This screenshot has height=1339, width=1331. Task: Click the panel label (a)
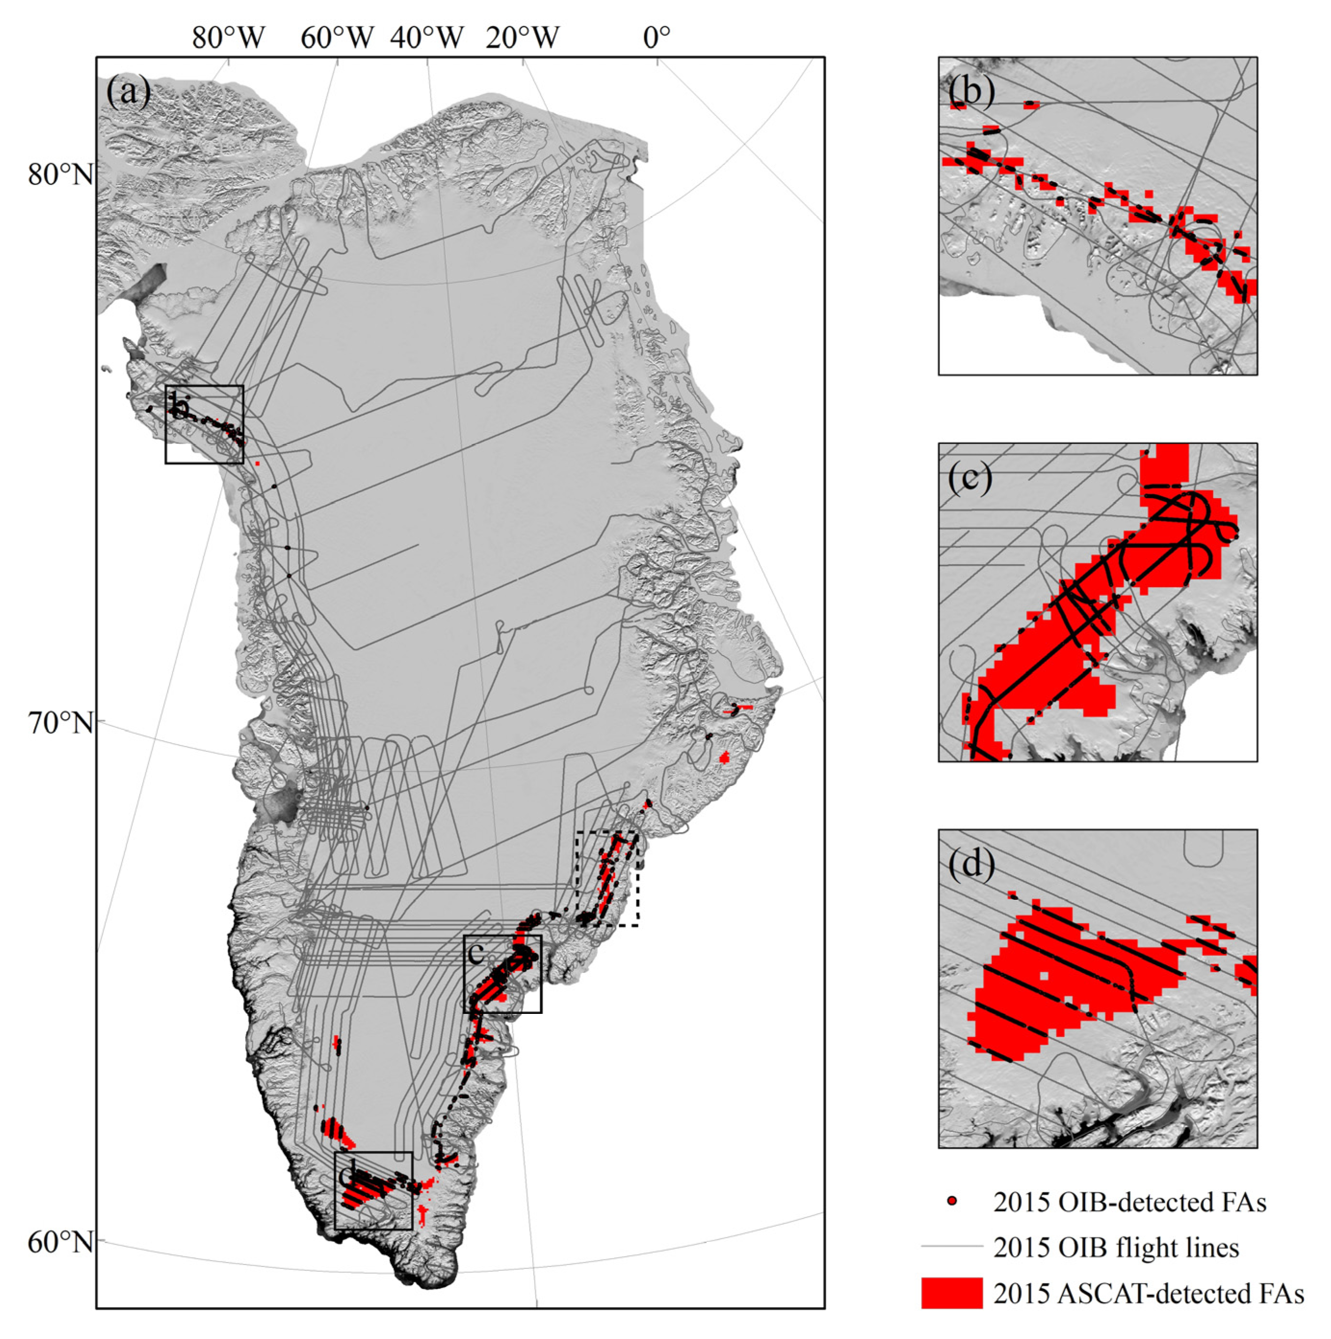pyautogui.click(x=128, y=91)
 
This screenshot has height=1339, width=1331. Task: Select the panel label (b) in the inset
pyautogui.click(x=971, y=90)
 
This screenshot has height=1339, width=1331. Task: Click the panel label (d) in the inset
pyautogui.click(x=971, y=864)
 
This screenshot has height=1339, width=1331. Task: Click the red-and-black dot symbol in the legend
pyautogui.click(x=952, y=1201)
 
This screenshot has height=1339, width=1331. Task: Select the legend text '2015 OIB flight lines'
pyautogui.click(x=1116, y=1247)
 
